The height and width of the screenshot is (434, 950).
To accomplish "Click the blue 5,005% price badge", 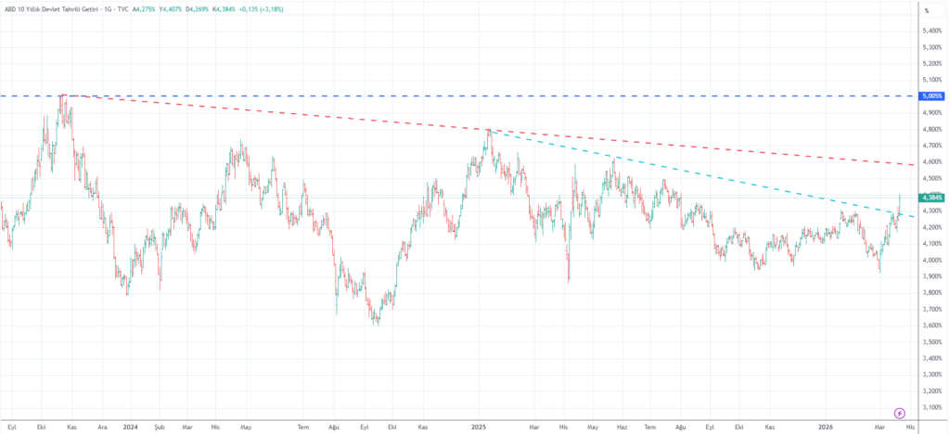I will point(931,96).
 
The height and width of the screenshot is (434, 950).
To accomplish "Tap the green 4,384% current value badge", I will point(931,198).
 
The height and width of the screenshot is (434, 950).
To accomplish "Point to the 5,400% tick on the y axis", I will point(931,31).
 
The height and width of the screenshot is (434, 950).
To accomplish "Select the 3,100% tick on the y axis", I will point(931,407).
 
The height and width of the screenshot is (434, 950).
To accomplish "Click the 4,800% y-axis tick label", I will point(931,129).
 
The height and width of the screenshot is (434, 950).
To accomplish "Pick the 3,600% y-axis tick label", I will point(931,325).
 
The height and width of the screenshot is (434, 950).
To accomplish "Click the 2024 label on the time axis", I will point(130,427).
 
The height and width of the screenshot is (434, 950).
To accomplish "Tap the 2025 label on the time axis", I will point(479,427).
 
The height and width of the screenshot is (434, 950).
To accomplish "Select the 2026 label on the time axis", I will point(827,427).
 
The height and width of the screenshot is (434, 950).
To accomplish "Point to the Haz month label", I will point(623,427).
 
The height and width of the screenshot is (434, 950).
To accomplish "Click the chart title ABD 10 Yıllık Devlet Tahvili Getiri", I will point(57,9).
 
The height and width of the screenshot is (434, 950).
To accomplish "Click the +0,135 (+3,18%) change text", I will point(261,9).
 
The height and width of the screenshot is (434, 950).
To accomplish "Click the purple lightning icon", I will point(899,412).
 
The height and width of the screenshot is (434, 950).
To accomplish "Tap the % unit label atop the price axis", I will point(927,11).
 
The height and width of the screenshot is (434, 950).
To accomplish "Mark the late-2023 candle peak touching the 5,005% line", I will point(62,96).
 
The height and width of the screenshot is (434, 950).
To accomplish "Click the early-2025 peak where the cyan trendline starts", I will point(488,130).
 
